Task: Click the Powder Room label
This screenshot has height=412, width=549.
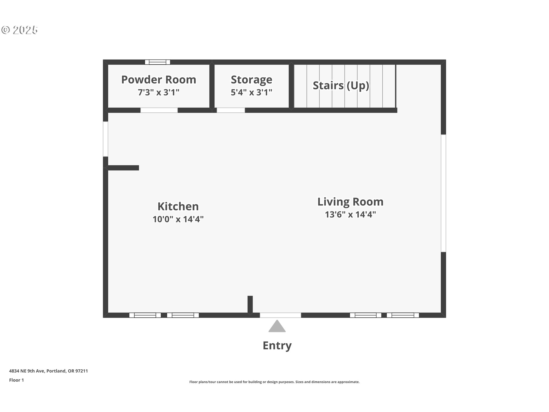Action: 159,80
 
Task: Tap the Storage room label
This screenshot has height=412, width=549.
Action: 251,80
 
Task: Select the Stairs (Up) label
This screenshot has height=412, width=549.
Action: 341,86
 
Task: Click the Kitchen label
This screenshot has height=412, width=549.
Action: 178,206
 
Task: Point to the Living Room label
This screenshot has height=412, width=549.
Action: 350,202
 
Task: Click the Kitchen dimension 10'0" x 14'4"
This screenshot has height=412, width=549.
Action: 178,219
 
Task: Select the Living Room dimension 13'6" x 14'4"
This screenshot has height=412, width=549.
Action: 350,215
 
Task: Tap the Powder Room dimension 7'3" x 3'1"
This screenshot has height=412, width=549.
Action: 159,92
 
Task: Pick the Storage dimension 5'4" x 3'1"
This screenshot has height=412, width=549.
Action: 251,92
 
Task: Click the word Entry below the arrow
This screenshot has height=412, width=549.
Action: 277,346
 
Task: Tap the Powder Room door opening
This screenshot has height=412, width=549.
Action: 159,110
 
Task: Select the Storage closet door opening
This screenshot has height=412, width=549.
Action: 231,110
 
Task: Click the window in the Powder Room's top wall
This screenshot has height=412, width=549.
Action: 158,62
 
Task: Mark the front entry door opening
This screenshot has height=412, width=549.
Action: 280,315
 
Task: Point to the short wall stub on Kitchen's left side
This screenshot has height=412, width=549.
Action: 123,168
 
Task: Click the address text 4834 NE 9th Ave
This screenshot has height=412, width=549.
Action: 27,371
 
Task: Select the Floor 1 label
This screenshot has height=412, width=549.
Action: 16,380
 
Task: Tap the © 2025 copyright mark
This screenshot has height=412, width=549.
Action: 19,30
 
